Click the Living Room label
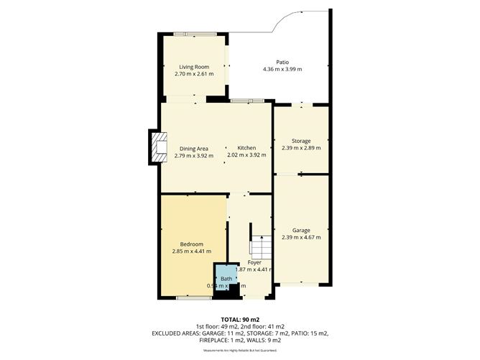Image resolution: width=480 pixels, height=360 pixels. [x=193, y=67]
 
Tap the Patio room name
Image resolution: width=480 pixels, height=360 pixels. [x=282, y=62]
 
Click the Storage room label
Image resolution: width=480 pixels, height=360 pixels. [x=300, y=141]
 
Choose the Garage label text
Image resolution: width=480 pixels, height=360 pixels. [x=300, y=231]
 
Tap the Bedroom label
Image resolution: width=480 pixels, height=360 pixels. [x=192, y=244]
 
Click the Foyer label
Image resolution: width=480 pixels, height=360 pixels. [x=254, y=262]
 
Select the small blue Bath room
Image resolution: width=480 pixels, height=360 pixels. [x=226, y=278]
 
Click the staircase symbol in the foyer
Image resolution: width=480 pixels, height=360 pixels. [x=261, y=246]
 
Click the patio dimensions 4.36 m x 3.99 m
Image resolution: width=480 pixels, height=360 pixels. [x=282, y=69]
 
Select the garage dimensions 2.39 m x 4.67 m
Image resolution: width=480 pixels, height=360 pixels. [x=300, y=238]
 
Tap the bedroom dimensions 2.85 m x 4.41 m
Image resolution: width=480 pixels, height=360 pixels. [x=192, y=251]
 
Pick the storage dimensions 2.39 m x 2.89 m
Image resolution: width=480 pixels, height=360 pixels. [x=300, y=148]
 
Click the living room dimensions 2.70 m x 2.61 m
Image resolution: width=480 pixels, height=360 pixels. [x=193, y=74]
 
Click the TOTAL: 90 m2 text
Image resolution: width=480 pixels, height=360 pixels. [x=240, y=319]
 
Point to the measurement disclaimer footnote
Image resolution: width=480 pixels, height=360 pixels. [x=240, y=351]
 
